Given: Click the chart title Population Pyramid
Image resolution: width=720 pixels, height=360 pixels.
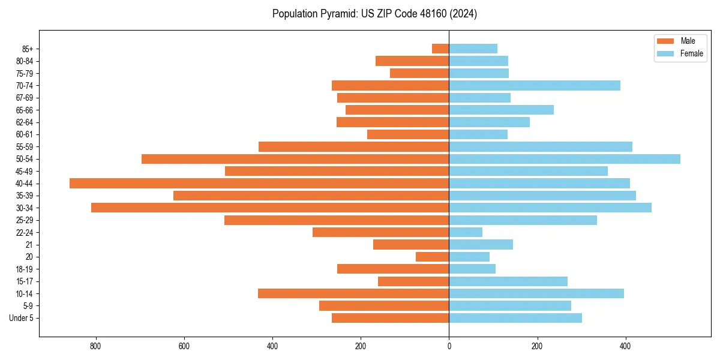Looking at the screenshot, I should [374, 14].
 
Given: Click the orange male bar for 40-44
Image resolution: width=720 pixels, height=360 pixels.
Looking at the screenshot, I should [259, 183].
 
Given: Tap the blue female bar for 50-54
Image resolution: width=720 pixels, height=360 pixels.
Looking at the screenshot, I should [565, 159].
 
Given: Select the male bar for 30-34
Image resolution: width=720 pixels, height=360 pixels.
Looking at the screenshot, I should [270, 208].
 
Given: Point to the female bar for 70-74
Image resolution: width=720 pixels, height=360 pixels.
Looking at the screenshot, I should [535, 85].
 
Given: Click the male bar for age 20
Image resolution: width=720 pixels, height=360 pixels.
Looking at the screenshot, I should [433, 257].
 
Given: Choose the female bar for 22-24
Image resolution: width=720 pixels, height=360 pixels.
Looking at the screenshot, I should [466, 232].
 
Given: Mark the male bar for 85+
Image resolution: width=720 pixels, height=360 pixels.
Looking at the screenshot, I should [440, 49].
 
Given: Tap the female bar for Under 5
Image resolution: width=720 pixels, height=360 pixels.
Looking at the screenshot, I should [515, 318].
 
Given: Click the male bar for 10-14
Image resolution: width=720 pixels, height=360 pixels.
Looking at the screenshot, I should [353, 293].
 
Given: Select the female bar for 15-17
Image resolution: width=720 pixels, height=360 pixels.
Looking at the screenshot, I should [508, 281].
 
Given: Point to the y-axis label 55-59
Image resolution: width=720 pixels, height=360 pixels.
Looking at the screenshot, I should [25, 146].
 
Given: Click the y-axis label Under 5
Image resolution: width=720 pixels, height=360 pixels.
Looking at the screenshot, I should [22, 318].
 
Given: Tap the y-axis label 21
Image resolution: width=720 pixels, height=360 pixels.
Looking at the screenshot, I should [29, 245].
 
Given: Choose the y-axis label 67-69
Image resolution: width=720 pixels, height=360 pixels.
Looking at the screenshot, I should [25, 98].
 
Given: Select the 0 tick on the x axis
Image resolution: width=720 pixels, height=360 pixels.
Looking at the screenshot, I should [449, 346].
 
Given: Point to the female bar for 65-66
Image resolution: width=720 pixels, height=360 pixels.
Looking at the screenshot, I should [501, 110].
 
